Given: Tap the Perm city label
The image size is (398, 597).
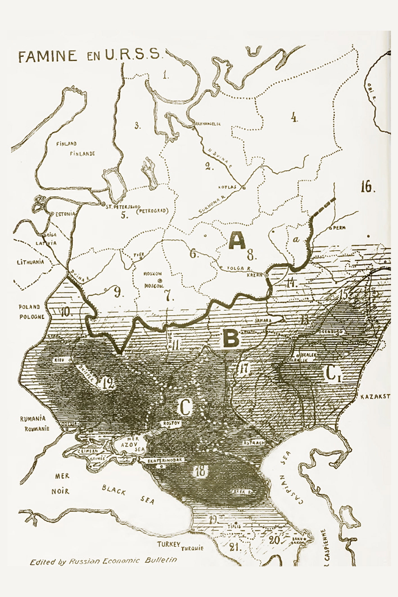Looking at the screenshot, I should [340, 228].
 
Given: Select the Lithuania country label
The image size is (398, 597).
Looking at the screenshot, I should [30, 262].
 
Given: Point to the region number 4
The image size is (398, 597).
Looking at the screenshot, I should [294, 118].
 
